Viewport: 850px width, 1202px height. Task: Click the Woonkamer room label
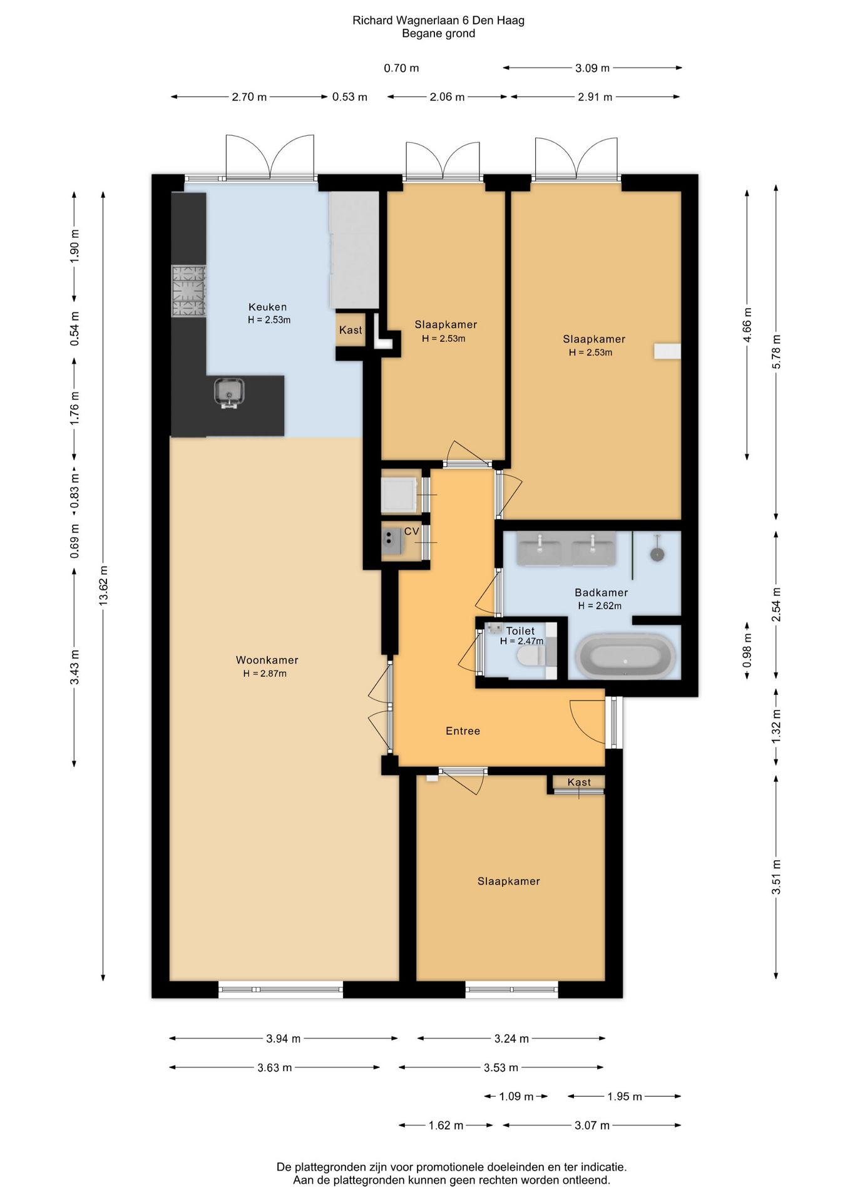point(267,660)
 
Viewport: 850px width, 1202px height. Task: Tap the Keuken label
point(268,307)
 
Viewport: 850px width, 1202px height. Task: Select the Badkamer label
point(601,592)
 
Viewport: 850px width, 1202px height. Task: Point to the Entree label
point(463,731)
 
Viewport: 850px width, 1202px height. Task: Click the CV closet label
point(411,532)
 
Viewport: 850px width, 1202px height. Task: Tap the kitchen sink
point(229,393)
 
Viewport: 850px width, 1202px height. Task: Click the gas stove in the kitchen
point(189,291)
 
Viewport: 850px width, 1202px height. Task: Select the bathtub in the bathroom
point(625,657)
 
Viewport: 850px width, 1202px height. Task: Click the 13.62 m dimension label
point(104,584)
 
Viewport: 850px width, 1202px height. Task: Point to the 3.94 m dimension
point(284,1039)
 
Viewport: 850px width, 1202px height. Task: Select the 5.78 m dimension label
point(777,352)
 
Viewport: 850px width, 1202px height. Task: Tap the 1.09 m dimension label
point(516,1096)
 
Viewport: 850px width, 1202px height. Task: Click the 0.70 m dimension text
point(401,68)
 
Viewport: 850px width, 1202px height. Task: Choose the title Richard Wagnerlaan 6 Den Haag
point(438,20)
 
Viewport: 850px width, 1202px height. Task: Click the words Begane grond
point(438,34)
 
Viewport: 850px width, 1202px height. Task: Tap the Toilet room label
point(520,631)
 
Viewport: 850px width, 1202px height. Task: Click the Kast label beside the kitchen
point(351,330)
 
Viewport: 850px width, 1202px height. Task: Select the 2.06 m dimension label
point(447,97)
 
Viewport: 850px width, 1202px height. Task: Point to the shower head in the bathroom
point(657,554)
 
